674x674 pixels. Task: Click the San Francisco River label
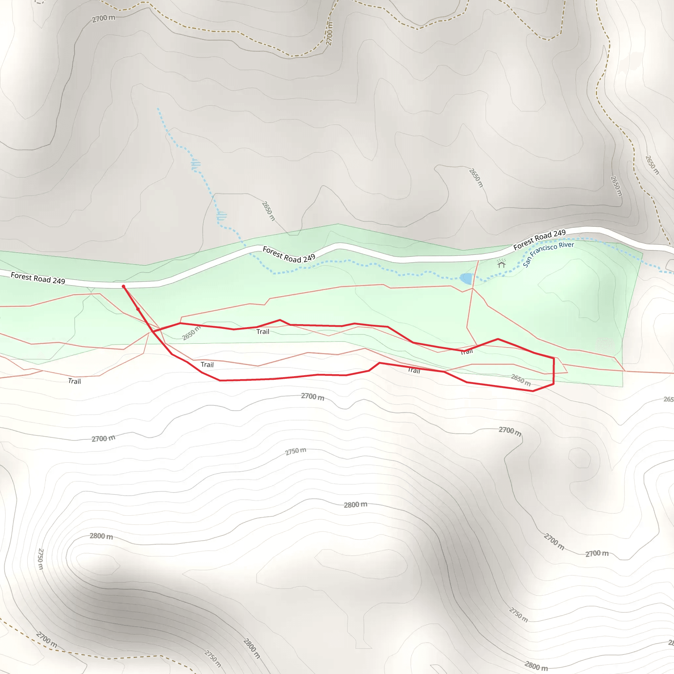pos(548,254)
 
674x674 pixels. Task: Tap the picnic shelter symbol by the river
pos(501,263)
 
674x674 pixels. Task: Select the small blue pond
pos(466,279)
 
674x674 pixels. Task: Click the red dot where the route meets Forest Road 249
pos(123,286)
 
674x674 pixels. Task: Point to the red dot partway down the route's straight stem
pos(138,309)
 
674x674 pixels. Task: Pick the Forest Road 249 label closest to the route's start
pos(38,278)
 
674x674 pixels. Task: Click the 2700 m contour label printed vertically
pos(329,34)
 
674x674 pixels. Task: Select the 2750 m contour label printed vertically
pos(40,558)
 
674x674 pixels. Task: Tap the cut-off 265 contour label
pos(668,399)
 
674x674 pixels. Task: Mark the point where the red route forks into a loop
pos(153,331)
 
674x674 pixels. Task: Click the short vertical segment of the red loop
pos(554,371)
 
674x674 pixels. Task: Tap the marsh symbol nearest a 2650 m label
pos(221,216)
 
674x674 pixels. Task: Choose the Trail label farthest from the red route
pos(74,381)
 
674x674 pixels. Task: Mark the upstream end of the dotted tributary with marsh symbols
pos(158,109)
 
